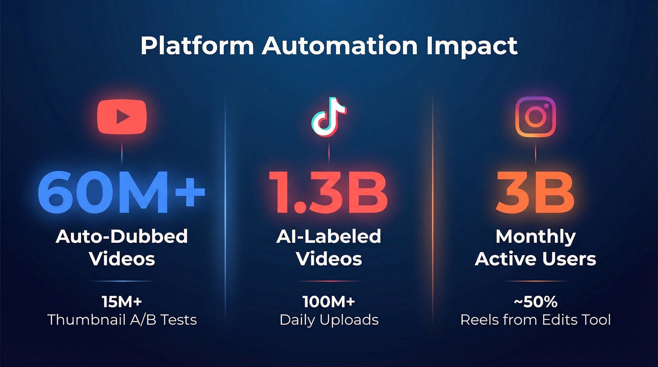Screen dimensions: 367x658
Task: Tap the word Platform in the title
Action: [x=197, y=46]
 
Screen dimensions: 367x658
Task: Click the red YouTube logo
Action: [x=122, y=117]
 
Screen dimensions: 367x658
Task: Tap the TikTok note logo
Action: [x=329, y=117]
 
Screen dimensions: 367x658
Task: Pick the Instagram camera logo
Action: [x=535, y=117]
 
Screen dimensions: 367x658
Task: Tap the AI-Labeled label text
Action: [x=329, y=236]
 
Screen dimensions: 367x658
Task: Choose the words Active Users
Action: [x=535, y=259]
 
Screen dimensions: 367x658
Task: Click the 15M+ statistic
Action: [x=122, y=302]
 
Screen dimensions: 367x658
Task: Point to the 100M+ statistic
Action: [x=329, y=302]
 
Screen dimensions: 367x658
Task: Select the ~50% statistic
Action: [x=535, y=302]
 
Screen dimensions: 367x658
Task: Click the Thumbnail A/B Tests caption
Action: [x=122, y=319]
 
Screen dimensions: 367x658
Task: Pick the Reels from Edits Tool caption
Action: [x=535, y=319]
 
